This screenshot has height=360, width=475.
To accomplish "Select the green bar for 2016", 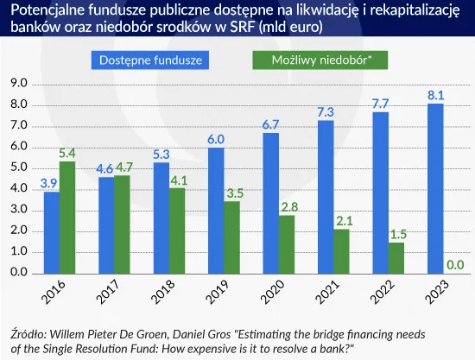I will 67,217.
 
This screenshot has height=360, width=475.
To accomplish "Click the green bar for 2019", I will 231,237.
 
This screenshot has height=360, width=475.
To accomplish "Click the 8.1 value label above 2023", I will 435,95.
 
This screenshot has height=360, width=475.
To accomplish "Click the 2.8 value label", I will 287,207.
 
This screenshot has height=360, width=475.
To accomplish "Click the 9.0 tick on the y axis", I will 18,84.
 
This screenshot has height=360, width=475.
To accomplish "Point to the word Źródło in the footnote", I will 27,332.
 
